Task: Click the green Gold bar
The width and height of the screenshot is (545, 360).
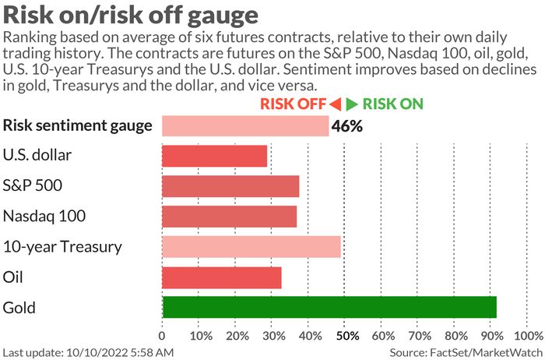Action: point(329,307)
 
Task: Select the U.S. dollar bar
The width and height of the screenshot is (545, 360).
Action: point(214,156)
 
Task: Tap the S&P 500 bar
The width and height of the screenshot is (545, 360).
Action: point(230,186)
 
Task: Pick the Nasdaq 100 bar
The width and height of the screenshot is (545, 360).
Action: point(230,217)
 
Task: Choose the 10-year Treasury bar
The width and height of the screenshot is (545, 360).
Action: point(251,246)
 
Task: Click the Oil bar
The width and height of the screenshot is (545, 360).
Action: point(222,277)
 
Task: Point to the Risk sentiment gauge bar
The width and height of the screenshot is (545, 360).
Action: point(245,126)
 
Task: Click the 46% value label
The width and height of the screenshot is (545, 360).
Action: point(347,126)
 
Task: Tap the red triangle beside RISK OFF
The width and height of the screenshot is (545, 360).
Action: point(335,104)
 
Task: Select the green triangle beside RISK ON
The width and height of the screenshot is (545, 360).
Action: point(352,104)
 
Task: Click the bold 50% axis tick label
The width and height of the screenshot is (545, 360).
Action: point(347,336)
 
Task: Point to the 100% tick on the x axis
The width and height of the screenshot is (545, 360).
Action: point(529,336)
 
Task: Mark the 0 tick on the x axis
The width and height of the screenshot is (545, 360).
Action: point(162,336)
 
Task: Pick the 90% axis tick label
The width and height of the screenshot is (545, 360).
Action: point(491,336)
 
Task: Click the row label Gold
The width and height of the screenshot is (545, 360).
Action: point(19,308)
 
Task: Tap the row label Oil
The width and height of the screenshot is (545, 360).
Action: point(13,277)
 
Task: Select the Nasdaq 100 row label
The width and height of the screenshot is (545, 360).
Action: point(44,217)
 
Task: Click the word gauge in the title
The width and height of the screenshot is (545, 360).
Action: point(223,16)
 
